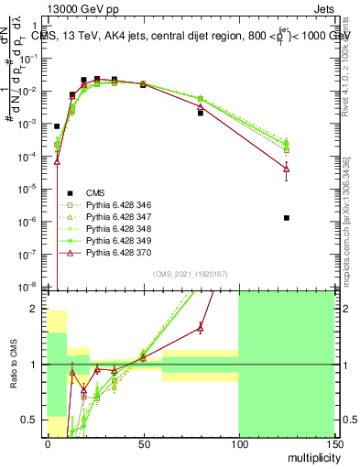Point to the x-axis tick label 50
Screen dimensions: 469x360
143,442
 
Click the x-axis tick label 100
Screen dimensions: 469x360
238,442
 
